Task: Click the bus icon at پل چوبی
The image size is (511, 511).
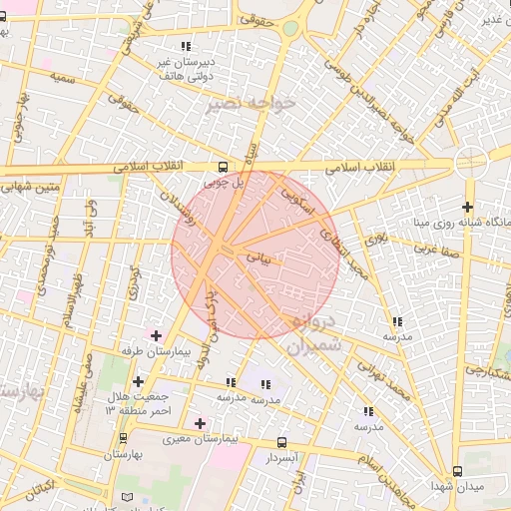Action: tap(223, 168)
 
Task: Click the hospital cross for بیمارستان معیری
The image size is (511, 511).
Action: tap(201, 424)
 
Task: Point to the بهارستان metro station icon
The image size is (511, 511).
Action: tap(123, 438)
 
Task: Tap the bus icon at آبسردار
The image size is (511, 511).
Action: tap(281, 442)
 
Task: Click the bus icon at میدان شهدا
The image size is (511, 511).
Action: tap(458, 470)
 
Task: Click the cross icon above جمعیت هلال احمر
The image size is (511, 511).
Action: tap(138, 381)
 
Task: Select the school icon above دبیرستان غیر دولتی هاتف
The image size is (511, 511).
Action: tap(185, 46)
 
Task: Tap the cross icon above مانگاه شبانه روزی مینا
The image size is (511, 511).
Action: tap(466, 206)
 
